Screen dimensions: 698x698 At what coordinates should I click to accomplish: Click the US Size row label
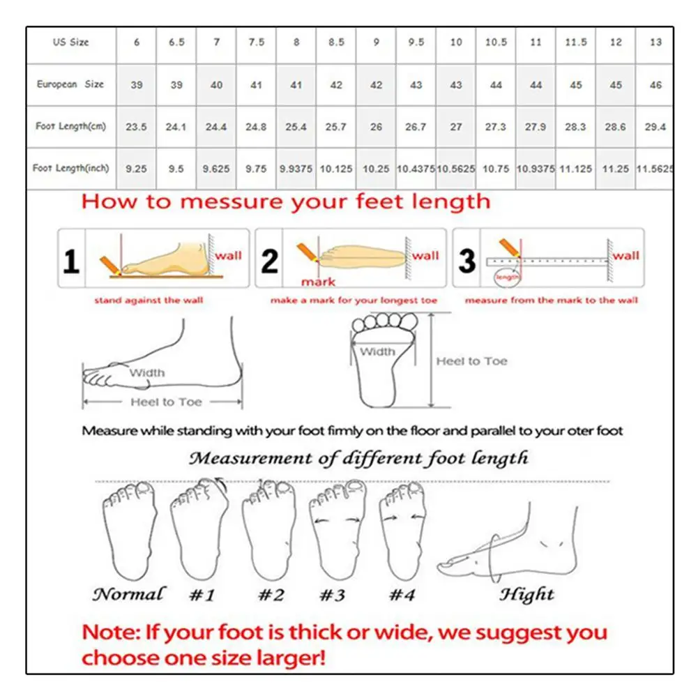tap(71, 42)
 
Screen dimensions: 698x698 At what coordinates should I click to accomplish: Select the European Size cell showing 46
tap(655, 84)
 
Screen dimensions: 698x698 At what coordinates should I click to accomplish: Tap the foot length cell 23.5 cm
tap(136, 127)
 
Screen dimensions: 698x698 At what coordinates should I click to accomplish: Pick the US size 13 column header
tap(655, 42)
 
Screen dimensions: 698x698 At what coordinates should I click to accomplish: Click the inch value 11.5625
tap(655, 169)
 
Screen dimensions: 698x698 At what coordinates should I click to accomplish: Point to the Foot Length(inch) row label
tap(71, 169)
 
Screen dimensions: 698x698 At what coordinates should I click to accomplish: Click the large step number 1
tap(71, 262)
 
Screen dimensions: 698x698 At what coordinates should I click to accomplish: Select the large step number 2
tap(269, 261)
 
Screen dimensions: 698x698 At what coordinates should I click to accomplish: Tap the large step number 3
tap(466, 261)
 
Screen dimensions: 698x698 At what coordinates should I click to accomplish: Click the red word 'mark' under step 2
tap(318, 282)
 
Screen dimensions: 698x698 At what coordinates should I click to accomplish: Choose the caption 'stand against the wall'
tap(149, 301)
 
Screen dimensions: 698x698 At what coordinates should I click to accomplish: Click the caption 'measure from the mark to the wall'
tap(551, 301)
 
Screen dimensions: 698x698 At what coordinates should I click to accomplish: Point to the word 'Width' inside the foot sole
tap(377, 352)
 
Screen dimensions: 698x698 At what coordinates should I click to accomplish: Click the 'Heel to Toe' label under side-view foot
tap(166, 402)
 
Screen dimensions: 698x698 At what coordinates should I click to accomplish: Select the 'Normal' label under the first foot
tap(129, 595)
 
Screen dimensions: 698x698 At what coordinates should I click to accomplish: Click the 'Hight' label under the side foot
tap(526, 595)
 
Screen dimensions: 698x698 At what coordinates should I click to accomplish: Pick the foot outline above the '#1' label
tap(199, 530)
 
